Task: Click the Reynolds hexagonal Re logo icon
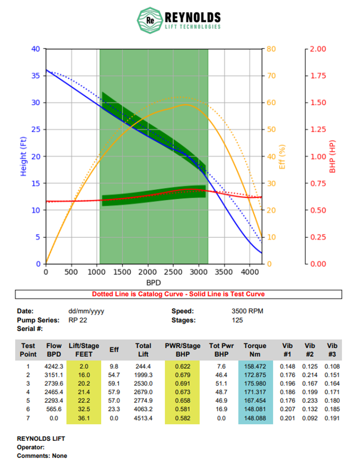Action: pos(149,20)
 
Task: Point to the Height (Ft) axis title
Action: pos(23,156)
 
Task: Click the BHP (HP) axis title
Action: pos(332,156)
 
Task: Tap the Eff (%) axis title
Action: pos(282,157)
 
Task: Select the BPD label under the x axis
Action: pos(153,283)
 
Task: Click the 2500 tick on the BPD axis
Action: pos(173,272)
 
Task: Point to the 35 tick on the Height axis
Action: pos(36,76)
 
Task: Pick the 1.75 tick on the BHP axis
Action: pos(318,76)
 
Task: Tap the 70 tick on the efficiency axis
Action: pos(271,76)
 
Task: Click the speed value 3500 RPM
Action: pos(247,311)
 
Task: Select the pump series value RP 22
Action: pos(77,320)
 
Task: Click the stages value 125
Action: pos(237,320)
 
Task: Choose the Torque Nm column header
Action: pos(255,350)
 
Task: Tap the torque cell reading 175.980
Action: pos(255,384)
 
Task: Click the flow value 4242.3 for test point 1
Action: pos(54,366)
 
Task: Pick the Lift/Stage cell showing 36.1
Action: pos(84,418)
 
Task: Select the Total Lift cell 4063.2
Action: pos(143,409)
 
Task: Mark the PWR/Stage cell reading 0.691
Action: pos(182,384)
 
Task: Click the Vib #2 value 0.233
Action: pos(310,401)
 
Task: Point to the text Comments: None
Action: pos(42,456)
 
